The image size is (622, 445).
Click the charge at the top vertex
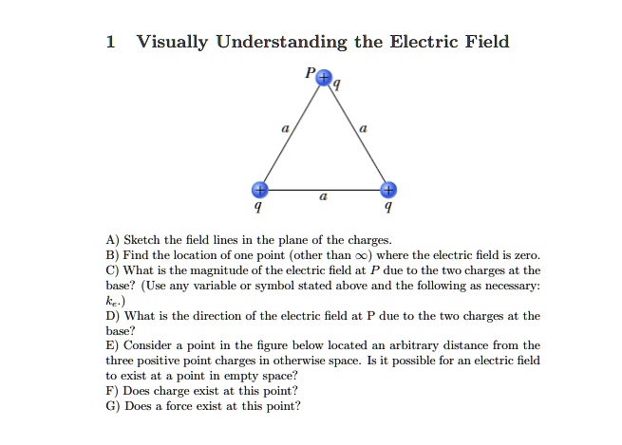click(x=324, y=77)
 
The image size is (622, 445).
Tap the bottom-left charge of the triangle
click(x=260, y=190)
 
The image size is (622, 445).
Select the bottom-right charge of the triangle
click(x=388, y=190)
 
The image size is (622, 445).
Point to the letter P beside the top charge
click(x=310, y=72)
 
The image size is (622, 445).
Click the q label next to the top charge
click(x=336, y=84)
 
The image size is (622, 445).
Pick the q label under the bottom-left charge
click(x=258, y=207)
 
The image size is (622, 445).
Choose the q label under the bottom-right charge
click(x=388, y=207)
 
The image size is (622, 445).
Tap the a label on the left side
click(x=285, y=129)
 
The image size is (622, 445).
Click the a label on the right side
click(x=363, y=129)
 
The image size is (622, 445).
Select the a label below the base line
click(x=324, y=196)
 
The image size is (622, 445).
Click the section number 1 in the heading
click(x=111, y=42)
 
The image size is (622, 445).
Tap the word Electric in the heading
click(x=424, y=42)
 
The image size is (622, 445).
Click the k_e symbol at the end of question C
click(x=113, y=301)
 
